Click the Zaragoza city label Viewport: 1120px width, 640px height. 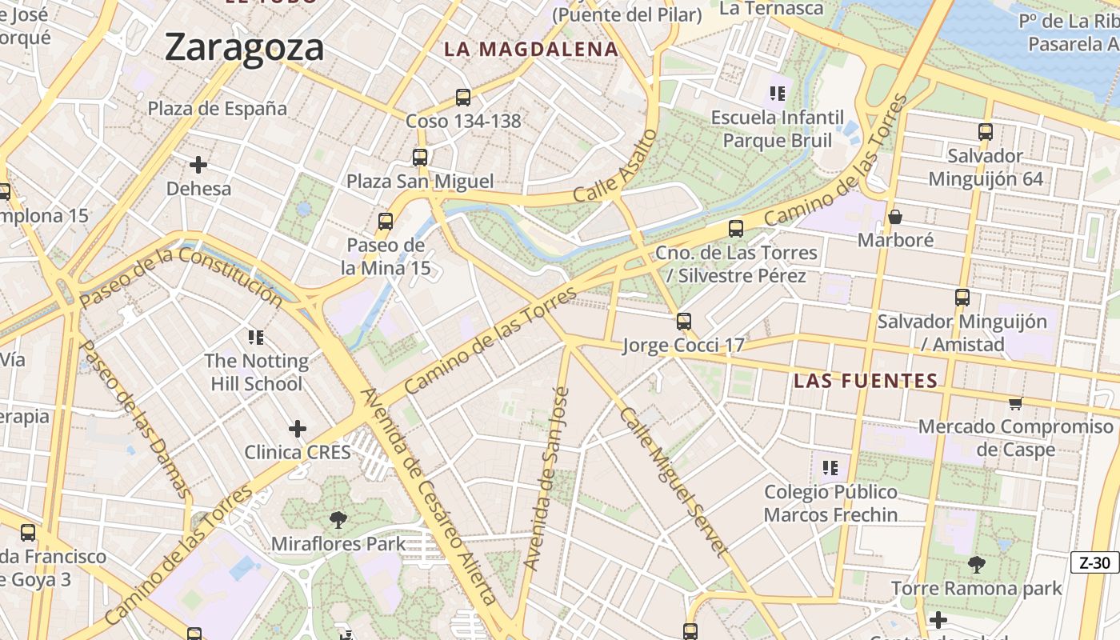[244, 48]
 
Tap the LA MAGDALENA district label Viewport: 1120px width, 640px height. [531, 49]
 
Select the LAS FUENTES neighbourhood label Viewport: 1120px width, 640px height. [865, 381]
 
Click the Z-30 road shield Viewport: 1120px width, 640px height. [1094, 562]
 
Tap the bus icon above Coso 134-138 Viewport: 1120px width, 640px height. [462, 98]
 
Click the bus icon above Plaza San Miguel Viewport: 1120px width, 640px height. [420, 158]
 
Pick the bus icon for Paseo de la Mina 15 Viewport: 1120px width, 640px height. [386, 222]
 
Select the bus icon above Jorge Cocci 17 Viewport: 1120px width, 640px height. [683, 322]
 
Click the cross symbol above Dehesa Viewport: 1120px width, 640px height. [198, 165]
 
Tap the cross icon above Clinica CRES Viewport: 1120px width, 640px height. [298, 429]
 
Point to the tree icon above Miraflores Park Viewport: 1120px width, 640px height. [338, 520]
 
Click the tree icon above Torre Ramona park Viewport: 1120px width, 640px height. [976, 565]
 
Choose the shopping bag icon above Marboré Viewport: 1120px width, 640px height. [895, 217]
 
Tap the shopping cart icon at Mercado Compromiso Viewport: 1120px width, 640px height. [1015, 403]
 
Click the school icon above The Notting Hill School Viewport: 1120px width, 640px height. [256, 337]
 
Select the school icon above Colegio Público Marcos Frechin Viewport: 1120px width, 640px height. [830, 467]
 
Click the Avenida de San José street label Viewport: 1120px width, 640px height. [546, 478]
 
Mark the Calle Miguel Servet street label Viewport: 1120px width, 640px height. [674, 482]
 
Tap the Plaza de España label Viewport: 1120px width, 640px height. [218, 108]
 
